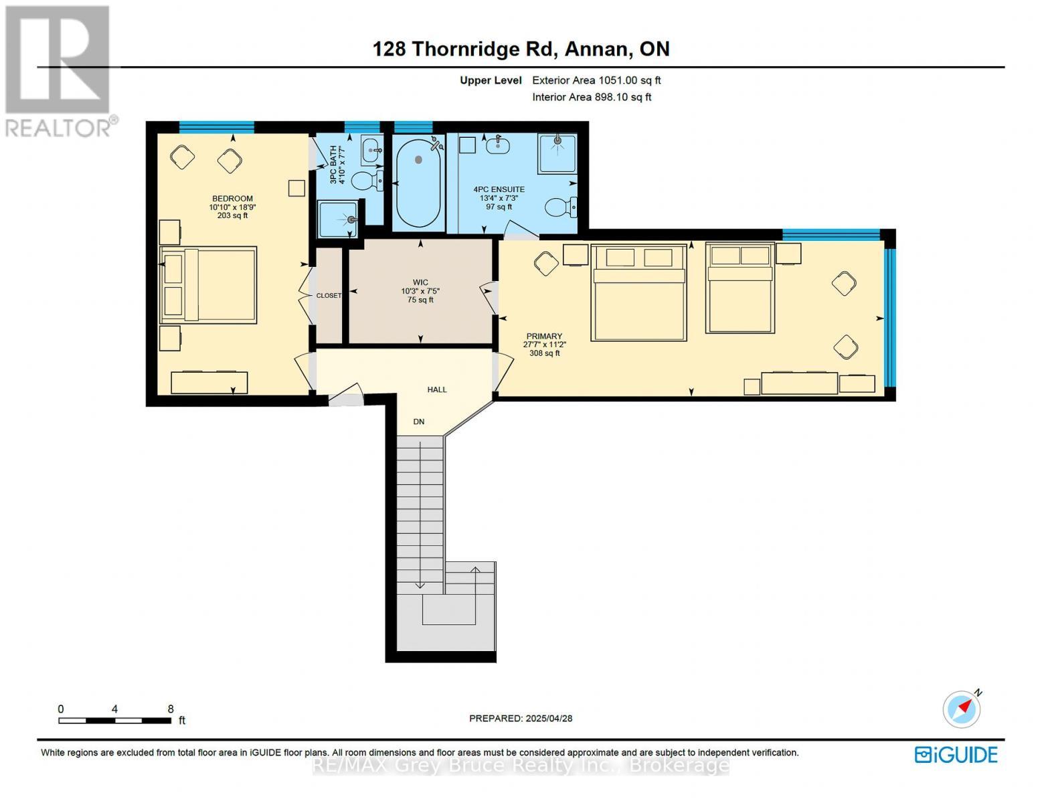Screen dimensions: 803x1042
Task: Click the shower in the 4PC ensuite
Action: (x=557, y=153)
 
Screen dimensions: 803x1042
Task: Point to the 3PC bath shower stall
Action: (x=338, y=219)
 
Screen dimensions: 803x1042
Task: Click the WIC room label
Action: (x=420, y=282)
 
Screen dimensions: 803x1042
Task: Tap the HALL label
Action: (x=437, y=389)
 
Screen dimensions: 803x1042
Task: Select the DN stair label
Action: (x=419, y=422)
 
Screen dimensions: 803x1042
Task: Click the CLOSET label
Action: (x=329, y=296)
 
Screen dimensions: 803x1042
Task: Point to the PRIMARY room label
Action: (x=544, y=337)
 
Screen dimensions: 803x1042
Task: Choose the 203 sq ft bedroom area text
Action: (x=232, y=215)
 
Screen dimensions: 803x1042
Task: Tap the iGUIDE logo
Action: (x=956, y=755)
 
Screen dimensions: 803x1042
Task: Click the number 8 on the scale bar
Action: (x=171, y=709)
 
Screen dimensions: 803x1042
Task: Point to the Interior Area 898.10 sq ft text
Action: (x=592, y=97)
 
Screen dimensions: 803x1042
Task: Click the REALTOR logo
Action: (x=60, y=70)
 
